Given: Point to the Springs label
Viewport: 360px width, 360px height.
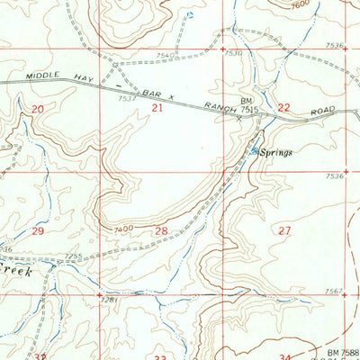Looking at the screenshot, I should coord(277,153).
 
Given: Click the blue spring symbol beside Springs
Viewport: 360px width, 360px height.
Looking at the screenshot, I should coord(255,150).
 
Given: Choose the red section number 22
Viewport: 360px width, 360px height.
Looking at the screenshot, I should coord(283,107).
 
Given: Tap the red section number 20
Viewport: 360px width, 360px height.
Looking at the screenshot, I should coord(37,109).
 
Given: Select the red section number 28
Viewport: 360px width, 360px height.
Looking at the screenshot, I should coord(161,231).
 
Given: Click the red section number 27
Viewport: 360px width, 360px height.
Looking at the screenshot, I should coord(285,231).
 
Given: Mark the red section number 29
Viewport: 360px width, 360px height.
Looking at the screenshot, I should coord(37,231).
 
